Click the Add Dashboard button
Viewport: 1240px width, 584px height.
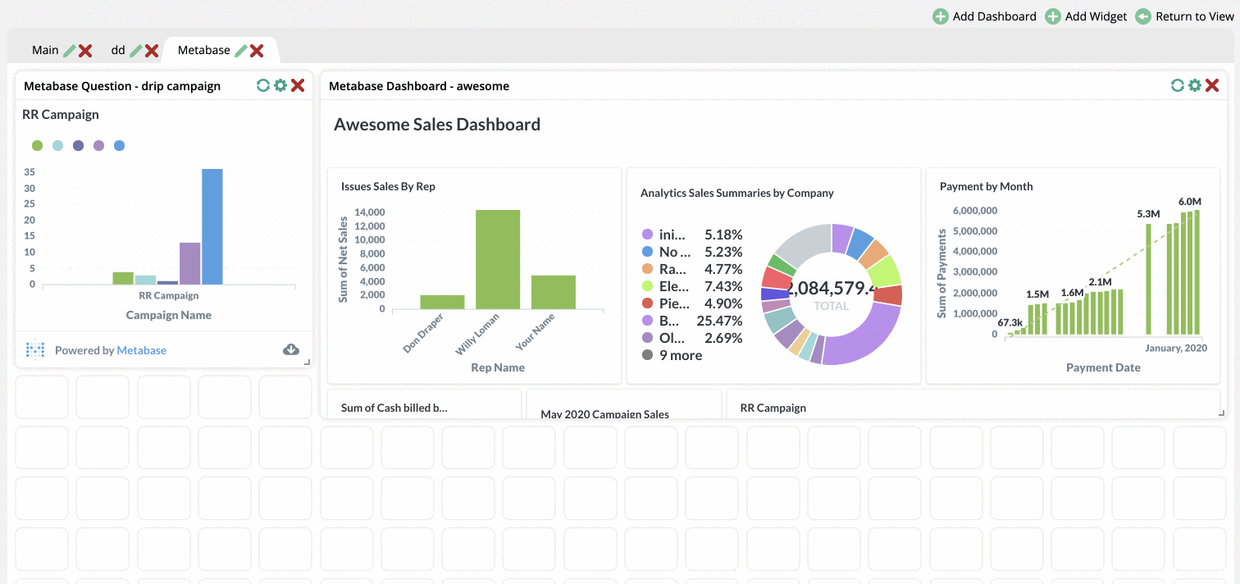985,16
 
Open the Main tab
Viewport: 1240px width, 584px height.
45,50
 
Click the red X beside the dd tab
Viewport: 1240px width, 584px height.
152,51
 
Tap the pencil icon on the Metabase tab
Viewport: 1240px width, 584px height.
240,51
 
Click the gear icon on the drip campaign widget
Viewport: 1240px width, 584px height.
280,85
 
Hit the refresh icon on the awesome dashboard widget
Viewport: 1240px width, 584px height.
1177,85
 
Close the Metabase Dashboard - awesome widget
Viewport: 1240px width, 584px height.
1212,85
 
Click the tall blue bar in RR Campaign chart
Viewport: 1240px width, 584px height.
212,226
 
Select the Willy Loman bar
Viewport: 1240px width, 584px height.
498,259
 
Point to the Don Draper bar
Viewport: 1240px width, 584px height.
442,302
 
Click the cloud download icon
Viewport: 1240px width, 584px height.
291,350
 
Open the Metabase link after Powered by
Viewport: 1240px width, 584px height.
141,350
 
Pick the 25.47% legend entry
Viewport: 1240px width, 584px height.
692,321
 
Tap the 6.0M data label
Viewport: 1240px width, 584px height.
1189,202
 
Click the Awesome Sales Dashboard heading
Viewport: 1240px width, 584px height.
437,125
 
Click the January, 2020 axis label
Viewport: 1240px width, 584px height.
1175,348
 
